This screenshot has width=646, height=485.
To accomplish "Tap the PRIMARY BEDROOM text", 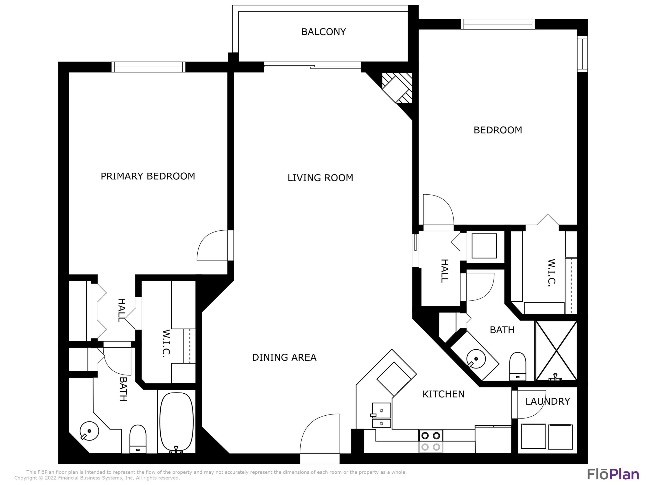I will (148, 176).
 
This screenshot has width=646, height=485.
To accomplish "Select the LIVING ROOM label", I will (320, 178).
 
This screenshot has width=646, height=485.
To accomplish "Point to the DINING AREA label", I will (284, 357).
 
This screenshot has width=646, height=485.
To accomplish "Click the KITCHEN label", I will (443, 394).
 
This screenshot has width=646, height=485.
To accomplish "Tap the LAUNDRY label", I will (548, 401).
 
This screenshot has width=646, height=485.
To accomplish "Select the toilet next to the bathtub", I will (138, 439).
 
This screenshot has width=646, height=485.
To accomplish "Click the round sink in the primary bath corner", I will (89, 431).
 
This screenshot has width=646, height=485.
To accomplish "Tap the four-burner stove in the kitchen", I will (431, 441).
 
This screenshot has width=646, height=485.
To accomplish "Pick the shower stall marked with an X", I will (556, 351).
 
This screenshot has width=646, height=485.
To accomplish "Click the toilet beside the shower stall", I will (517, 366).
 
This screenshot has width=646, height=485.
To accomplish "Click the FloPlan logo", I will (613, 474).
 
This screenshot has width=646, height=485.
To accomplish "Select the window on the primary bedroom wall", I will (148, 67).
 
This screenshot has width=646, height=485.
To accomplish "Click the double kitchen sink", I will (381, 415).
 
